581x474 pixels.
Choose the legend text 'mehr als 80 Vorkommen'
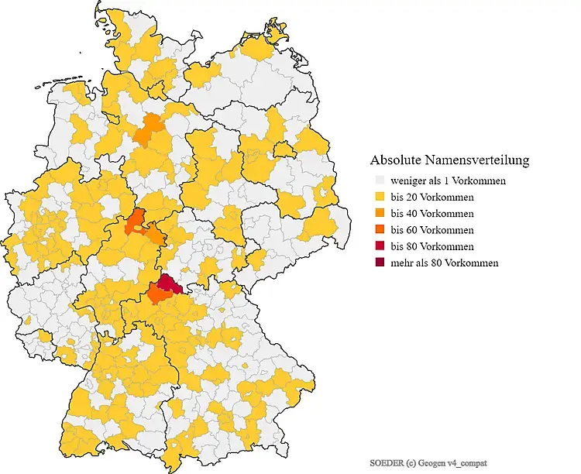coord(445,263)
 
